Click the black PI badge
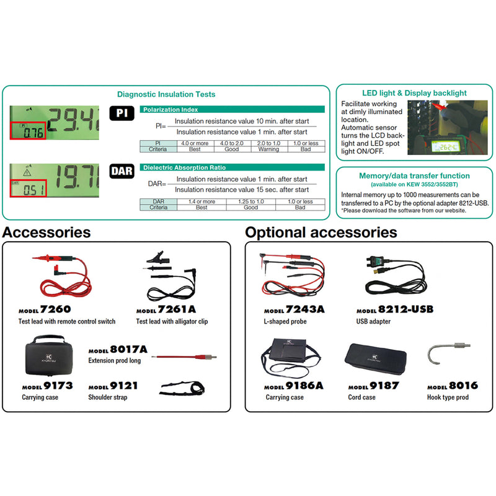[x=122, y=113]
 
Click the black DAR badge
[x=122, y=171]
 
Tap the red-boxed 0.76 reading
[x=28, y=130]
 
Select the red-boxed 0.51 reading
[x=28, y=188]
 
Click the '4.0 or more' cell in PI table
[x=195, y=143]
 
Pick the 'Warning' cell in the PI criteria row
[x=268, y=149]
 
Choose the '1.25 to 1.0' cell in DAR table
[x=251, y=201]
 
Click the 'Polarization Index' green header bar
[x=232, y=110]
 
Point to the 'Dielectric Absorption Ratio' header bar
[x=232, y=167]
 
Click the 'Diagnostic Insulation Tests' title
[x=166, y=94]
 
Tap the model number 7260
[x=55, y=309]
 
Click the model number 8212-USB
[x=405, y=309]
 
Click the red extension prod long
[x=184, y=357]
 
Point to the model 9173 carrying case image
[x=49, y=355]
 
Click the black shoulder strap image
[x=182, y=389]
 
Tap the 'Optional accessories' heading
[x=321, y=232]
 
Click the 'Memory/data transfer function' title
[x=414, y=176]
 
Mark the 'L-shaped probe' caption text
[x=285, y=321]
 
